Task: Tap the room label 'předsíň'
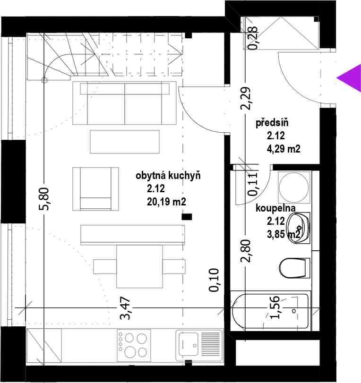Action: click(272, 123)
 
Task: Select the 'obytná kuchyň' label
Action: click(168, 176)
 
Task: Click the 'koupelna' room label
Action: click(275, 208)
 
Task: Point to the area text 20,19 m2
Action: click(166, 202)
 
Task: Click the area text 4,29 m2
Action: click(284, 148)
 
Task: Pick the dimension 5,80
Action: click(44, 199)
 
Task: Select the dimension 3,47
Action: click(125, 308)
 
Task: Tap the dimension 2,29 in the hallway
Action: click(246, 98)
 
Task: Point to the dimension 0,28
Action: click(252, 38)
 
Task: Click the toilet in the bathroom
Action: click(293, 268)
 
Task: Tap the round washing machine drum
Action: click(294, 187)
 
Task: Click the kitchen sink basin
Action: click(188, 343)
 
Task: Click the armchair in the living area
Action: click(95, 189)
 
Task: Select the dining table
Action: click(139, 266)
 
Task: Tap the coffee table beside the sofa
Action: click(125, 142)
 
